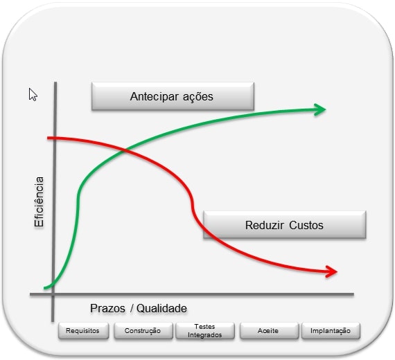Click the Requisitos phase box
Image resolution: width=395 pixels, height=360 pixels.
point(83,330)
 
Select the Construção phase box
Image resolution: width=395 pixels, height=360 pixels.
point(143,330)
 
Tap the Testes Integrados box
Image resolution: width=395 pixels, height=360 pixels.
point(205,330)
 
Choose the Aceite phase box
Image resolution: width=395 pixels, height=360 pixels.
point(269,330)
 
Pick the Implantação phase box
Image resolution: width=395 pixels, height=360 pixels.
point(331,330)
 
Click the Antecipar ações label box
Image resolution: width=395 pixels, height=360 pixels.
point(173,96)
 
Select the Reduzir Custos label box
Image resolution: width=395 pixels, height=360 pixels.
point(284,225)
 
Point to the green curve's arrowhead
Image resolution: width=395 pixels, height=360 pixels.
point(320,109)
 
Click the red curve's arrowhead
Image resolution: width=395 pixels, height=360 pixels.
point(331,271)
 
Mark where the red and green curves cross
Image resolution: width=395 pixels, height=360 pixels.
point(125,151)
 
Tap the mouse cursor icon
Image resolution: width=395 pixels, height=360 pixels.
point(33,95)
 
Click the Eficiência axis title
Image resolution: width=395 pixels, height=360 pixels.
point(39,202)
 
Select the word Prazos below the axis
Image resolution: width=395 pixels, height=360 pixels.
point(107,308)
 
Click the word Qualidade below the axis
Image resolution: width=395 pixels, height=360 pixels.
point(161,308)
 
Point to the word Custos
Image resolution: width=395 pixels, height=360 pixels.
point(306,225)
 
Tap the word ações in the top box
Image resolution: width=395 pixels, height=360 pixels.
point(198,97)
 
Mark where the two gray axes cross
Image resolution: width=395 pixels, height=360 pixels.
point(53,294)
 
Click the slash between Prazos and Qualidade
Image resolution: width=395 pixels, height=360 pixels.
point(132,308)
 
